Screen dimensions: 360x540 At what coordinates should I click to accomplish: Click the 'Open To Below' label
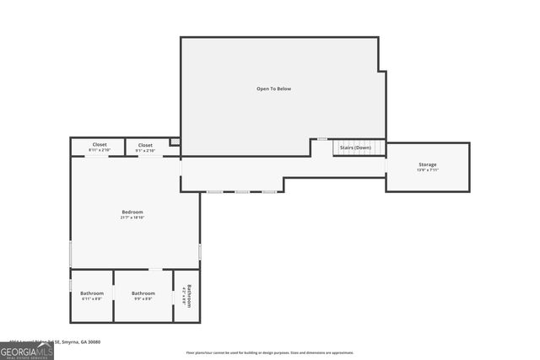[x=274, y=89]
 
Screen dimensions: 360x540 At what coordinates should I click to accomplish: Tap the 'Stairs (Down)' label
[x=355, y=148]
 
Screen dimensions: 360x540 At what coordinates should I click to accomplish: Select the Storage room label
[x=428, y=164]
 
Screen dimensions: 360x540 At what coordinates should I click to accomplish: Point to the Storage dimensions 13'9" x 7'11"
[x=428, y=170]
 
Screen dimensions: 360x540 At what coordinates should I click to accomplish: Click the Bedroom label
[x=132, y=212]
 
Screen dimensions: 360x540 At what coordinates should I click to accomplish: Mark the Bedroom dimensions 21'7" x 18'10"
[x=132, y=218]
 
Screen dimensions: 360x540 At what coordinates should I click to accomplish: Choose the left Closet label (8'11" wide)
[x=100, y=145]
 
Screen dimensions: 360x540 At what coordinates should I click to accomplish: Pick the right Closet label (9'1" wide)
[x=145, y=145]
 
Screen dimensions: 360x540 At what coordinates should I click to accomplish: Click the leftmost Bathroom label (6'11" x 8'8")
[x=92, y=293]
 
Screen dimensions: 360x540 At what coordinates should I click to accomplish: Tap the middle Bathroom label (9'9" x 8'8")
[x=143, y=293]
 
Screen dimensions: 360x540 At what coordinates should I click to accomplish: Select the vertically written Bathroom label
[x=190, y=296]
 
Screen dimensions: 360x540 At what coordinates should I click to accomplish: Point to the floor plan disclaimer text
[x=270, y=353]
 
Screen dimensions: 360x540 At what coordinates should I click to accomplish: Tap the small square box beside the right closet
[x=175, y=142]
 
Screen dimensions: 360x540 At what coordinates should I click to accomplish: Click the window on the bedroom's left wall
[x=71, y=253]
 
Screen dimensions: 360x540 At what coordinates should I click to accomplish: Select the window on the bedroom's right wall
[x=200, y=251]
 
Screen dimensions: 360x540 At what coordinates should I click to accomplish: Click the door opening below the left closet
[x=96, y=157]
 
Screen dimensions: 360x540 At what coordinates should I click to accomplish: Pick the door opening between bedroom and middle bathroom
[x=156, y=269]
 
